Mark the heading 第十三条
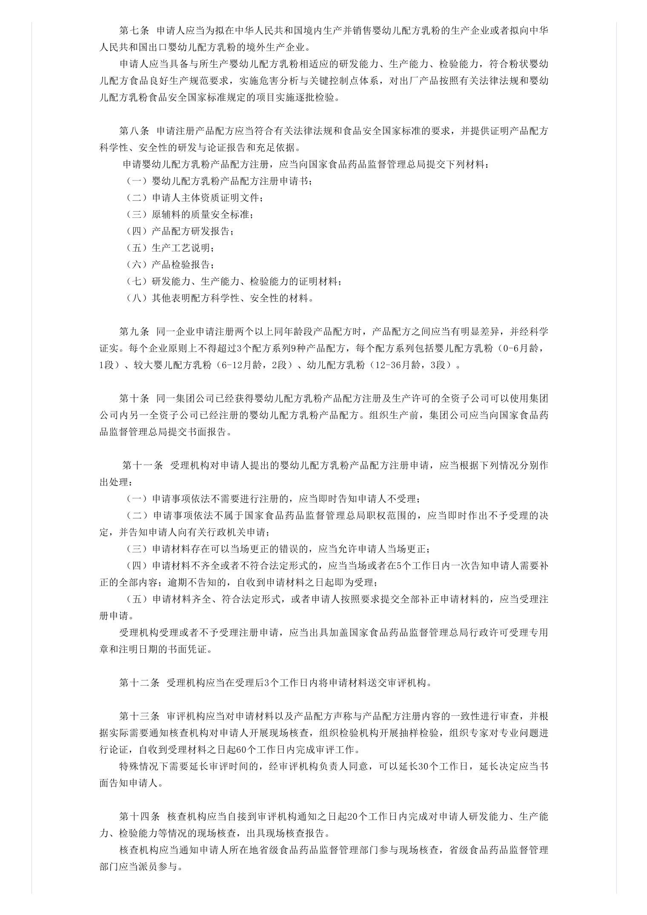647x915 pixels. pyautogui.click(x=139, y=716)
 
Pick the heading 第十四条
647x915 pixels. pyautogui.click(x=139, y=817)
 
